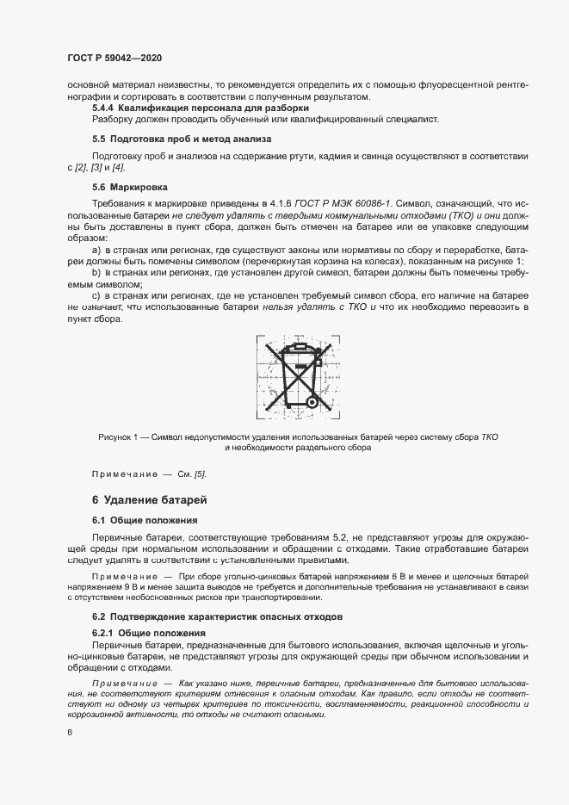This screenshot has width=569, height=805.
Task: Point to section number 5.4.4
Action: point(105,108)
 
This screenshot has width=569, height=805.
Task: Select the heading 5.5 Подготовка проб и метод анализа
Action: point(181,139)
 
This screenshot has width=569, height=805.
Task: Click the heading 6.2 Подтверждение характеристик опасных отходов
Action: point(217,617)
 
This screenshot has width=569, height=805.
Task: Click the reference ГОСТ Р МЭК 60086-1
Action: point(343,200)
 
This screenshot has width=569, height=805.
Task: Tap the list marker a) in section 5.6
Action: point(96,249)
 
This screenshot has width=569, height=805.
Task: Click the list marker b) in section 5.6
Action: point(96,272)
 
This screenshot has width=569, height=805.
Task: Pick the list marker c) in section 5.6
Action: point(96,295)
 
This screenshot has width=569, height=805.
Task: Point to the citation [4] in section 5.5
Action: point(119,165)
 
